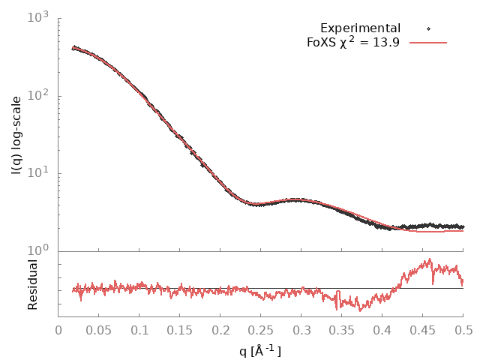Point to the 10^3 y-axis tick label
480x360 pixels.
[x=40, y=17]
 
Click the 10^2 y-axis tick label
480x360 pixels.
[x=40, y=95]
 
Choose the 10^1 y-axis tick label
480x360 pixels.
[x=40, y=173]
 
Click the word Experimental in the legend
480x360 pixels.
[x=360, y=28]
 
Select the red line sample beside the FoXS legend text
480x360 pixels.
[x=428, y=43]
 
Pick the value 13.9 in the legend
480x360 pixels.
[x=388, y=43]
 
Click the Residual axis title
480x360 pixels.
[x=33, y=284]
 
